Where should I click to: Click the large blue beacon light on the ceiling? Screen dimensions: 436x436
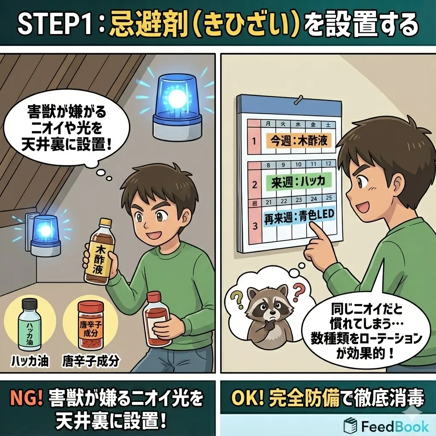tap(177, 107)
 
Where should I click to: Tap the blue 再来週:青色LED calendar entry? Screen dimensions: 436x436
tap(299, 217)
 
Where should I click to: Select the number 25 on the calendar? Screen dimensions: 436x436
tap(329, 198)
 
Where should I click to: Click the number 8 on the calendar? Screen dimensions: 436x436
tap(268, 165)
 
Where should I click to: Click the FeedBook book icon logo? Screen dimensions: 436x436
tap(350, 425)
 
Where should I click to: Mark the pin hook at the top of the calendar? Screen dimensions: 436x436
tap(299, 99)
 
